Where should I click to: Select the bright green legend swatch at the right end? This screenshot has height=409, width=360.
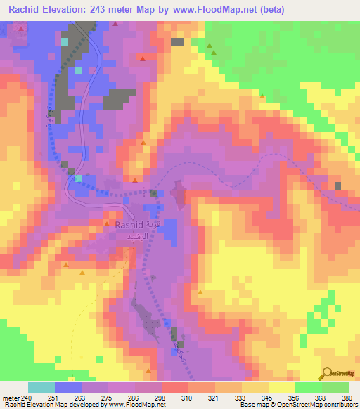pos(335,387)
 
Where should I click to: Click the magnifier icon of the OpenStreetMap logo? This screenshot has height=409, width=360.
pos(327,372)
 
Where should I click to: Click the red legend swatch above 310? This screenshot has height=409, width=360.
pos(175,387)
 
